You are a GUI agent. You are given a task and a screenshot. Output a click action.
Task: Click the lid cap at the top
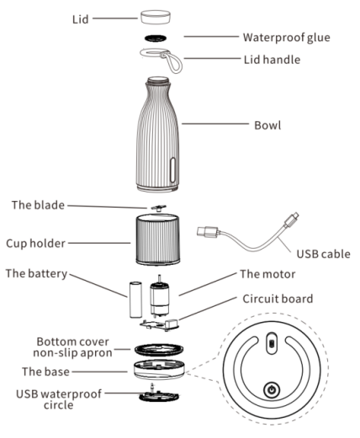(156, 18)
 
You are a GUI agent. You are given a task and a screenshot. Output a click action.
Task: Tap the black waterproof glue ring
(156, 38)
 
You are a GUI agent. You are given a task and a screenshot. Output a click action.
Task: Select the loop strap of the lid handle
(172, 62)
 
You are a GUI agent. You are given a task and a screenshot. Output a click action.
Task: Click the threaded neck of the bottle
(158, 81)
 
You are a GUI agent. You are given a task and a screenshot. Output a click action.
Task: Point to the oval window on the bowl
(173, 170)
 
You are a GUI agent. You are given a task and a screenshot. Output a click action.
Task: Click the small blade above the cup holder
(158, 208)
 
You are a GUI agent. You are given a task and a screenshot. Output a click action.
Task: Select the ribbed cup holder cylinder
(158, 240)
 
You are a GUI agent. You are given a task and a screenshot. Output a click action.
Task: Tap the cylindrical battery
(135, 299)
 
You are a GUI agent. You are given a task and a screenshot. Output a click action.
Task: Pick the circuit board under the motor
(159, 325)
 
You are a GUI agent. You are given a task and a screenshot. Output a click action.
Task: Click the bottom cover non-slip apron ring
(159, 350)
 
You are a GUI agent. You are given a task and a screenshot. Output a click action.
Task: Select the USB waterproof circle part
(159, 395)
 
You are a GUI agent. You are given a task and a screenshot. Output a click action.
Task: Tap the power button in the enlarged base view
(272, 389)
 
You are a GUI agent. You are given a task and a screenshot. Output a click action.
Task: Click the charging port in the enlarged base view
(272, 343)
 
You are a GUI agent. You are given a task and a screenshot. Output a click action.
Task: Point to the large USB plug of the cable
(208, 232)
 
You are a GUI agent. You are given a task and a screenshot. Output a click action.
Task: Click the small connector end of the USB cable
(292, 219)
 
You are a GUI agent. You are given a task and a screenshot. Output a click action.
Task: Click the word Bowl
(267, 125)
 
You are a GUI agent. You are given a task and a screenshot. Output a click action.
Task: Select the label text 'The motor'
(267, 274)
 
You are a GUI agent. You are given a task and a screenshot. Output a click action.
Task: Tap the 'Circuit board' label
(278, 298)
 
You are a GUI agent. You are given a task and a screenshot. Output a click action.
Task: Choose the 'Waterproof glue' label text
(286, 38)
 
